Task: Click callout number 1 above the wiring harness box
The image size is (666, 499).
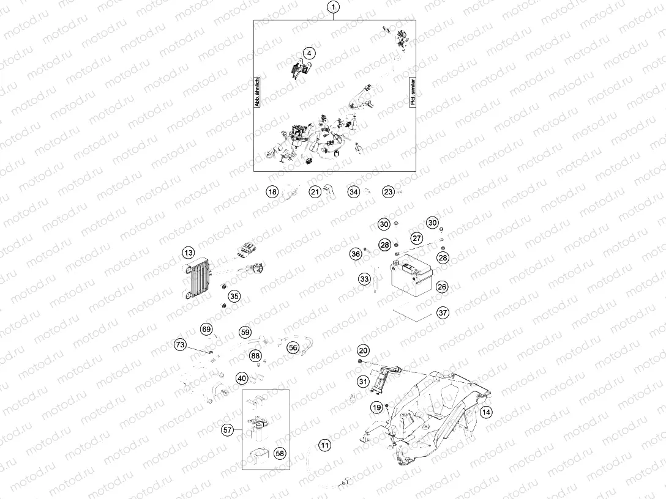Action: point(334,7)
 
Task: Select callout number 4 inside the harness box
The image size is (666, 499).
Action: point(309,53)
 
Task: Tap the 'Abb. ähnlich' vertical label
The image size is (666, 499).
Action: point(257,91)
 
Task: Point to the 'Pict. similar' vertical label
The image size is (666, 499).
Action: point(413,91)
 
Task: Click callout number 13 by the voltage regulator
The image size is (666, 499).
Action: point(188,253)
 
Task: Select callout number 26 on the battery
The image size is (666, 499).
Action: point(442,287)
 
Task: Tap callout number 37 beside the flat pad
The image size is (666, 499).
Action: point(443,312)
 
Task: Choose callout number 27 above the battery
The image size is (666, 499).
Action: point(417,238)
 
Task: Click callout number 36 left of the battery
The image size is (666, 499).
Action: point(356,254)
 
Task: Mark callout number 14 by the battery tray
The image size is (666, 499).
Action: point(486,412)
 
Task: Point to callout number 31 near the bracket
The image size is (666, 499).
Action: point(363,382)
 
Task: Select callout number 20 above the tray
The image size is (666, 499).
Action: point(363,350)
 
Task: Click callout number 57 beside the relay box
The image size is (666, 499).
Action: point(228,431)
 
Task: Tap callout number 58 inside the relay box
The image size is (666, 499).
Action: point(280,453)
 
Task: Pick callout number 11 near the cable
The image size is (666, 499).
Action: point(325,445)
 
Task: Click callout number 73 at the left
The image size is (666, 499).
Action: point(181,344)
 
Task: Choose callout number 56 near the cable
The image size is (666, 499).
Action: point(293,347)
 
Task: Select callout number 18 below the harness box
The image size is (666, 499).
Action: point(272,192)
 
